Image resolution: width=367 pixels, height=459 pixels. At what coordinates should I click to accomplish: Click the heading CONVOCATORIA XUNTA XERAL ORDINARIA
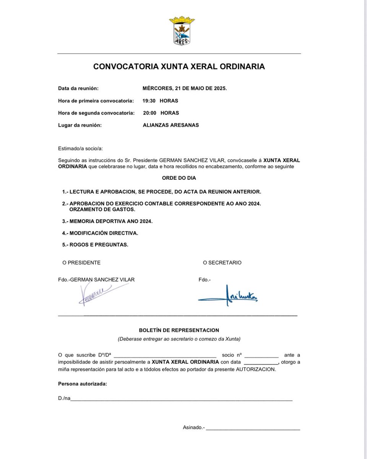coord(179,67)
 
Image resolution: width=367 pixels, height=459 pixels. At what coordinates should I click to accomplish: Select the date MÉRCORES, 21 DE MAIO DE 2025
coord(185,88)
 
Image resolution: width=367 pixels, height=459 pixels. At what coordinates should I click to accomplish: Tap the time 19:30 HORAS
coord(160,101)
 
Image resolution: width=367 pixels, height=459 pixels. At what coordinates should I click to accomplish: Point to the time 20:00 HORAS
coord(161,113)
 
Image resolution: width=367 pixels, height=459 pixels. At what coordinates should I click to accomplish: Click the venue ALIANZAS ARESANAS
coord(171,125)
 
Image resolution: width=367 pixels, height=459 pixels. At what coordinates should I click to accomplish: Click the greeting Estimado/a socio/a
coord(80,148)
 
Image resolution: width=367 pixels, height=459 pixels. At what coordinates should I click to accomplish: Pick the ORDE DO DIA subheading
coord(179,178)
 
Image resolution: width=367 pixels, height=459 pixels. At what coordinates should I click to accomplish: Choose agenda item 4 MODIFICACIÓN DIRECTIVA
coord(100,233)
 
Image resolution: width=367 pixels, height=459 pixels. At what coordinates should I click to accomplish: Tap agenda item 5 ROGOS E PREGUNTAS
coord(95,245)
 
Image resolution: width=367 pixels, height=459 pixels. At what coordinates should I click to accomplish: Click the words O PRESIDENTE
coord(81,263)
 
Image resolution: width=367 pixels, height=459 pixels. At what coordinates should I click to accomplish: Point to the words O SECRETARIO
coord(222,263)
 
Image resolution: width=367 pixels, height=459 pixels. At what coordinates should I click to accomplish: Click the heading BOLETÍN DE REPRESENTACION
coord(179,330)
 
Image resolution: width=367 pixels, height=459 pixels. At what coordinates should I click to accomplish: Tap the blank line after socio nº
coord(261,355)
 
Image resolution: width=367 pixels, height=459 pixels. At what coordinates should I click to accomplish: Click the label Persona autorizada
coord(82,383)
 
